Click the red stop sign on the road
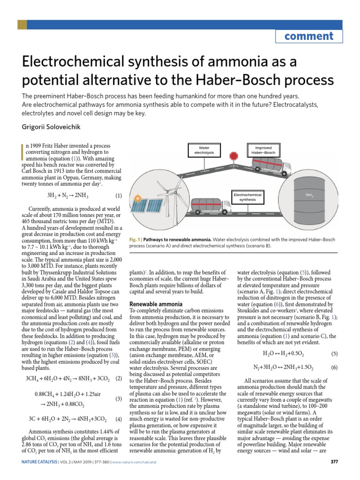coord(233,155)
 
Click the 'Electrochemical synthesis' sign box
coord(247,197)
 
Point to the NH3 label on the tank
coord(309,195)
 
